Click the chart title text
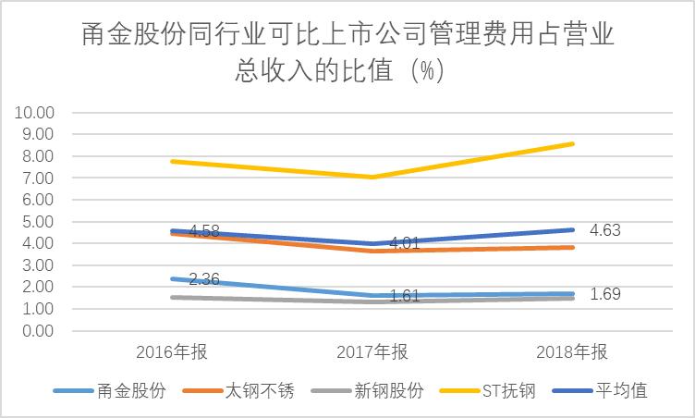(x=347, y=53)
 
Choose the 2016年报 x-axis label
(x=172, y=352)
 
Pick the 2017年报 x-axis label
(x=372, y=352)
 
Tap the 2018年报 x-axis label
(x=571, y=352)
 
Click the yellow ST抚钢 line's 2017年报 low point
(x=372, y=177)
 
